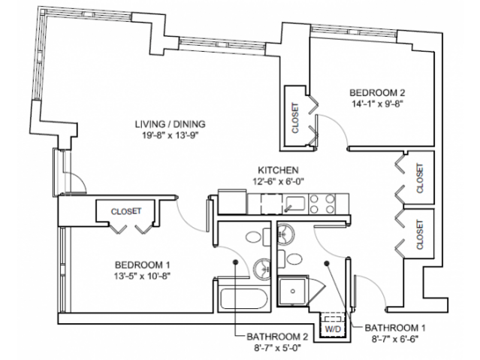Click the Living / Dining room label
[x=170, y=124]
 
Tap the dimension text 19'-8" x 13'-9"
[x=170, y=135]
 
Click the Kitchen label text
[x=279, y=171]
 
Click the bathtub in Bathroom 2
[x=241, y=299]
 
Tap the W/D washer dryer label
[x=331, y=328]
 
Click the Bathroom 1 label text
[x=390, y=328]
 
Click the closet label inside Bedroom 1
[x=125, y=212]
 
